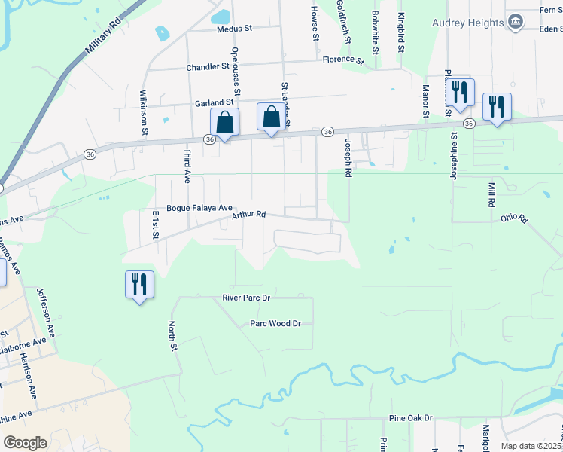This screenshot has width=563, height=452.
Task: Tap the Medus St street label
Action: coord(233,30)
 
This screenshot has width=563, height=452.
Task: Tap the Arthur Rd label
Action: coord(249,215)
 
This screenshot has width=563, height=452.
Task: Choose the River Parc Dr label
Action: coord(246,298)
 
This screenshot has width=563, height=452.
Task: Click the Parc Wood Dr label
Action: coord(275,324)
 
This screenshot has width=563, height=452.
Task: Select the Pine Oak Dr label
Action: coord(411,417)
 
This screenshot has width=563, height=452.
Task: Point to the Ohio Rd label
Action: coord(515,219)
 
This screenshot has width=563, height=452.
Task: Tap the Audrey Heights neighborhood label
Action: coord(467,23)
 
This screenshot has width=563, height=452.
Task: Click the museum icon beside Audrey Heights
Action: coord(516,22)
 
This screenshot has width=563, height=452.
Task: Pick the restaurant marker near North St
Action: coord(139,285)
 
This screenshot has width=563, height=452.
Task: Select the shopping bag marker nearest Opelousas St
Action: coord(224,122)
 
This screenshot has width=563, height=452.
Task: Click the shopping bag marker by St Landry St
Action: coord(272,117)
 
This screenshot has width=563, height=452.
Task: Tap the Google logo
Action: coord(26,442)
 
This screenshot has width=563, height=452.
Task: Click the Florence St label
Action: coord(342,60)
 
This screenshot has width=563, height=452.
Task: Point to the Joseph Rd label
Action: coord(348,157)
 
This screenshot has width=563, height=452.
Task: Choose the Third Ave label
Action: coord(187,166)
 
